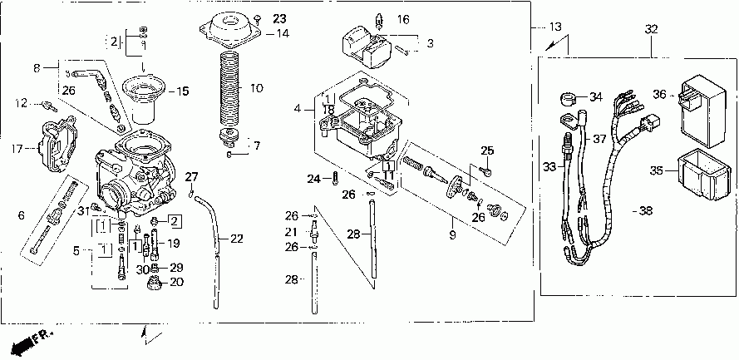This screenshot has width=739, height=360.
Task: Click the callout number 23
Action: click(278, 18)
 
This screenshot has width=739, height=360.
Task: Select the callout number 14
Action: click(283, 34)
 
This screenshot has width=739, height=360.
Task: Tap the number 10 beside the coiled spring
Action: click(256, 87)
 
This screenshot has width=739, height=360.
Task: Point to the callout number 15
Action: click(184, 91)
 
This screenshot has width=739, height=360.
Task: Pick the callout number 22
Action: click(237, 239)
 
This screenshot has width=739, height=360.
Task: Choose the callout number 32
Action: click(651, 29)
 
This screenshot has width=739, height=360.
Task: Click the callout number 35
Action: click(655, 171)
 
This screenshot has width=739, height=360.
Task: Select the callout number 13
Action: click(556, 27)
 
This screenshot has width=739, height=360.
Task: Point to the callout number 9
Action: click(453, 224)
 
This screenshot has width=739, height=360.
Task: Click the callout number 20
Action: click(176, 283)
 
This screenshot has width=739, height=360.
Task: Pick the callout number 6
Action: click(20, 215)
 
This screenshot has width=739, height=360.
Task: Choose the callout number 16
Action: click(403, 18)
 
